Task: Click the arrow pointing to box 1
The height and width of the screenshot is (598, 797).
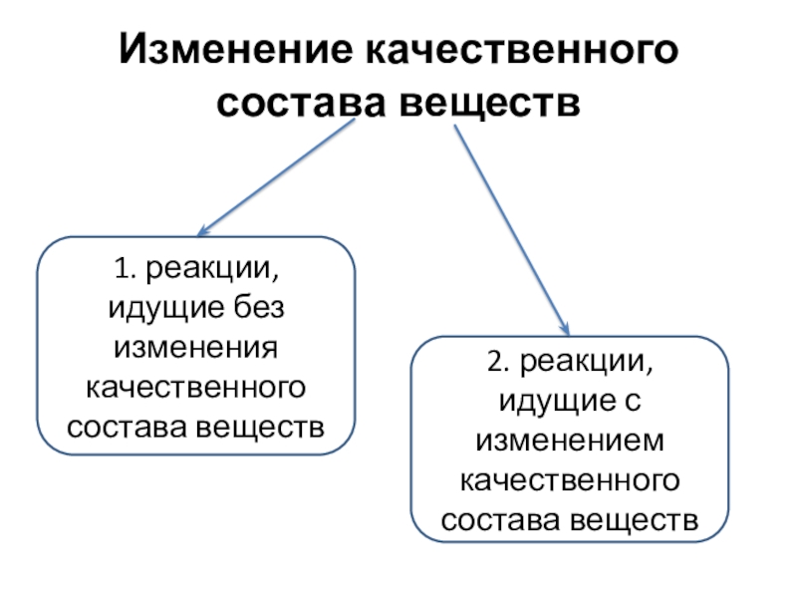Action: (x=279, y=179)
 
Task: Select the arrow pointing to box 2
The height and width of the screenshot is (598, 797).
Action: (x=513, y=229)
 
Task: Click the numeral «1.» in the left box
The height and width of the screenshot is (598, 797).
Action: (x=123, y=269)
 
